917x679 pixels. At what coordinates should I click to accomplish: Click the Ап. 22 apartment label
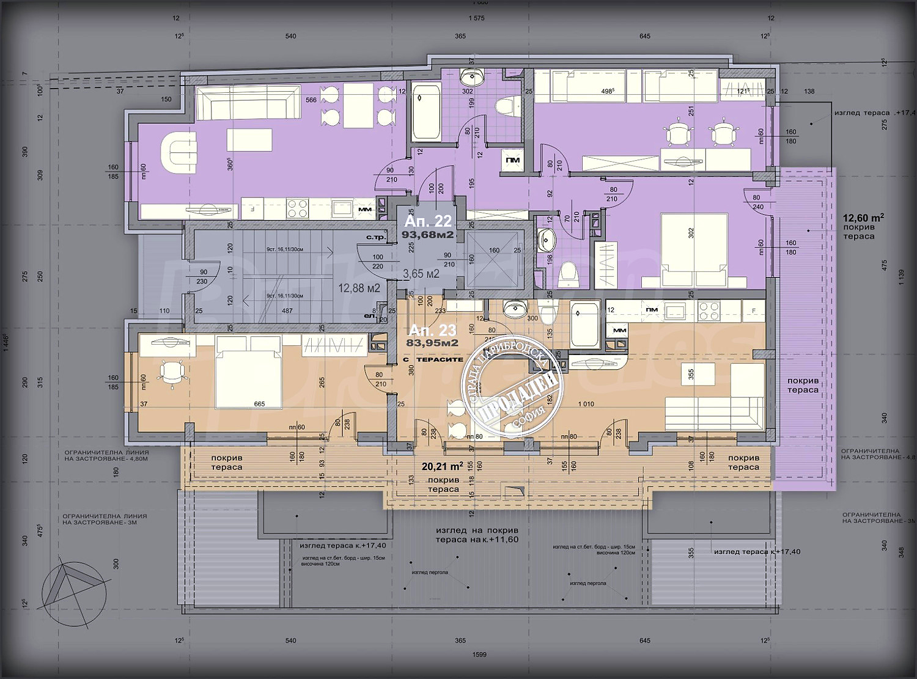point(428,221)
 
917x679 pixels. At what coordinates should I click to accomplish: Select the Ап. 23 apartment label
point(432,330)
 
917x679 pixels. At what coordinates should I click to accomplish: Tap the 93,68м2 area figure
point(428,234)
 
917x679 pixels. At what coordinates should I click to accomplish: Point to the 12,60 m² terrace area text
point(863,217)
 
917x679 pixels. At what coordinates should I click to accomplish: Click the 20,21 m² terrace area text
point(442,466)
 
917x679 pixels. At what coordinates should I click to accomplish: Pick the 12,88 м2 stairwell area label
point(359,288)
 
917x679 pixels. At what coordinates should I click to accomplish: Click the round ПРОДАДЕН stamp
point(513,385)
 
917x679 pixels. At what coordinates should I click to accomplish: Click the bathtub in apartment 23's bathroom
point(584,325)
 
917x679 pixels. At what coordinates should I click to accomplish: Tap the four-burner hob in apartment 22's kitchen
point(298,209)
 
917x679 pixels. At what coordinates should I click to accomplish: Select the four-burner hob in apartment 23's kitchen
point(710,311)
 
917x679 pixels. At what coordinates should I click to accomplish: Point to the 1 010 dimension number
point(586,404)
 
